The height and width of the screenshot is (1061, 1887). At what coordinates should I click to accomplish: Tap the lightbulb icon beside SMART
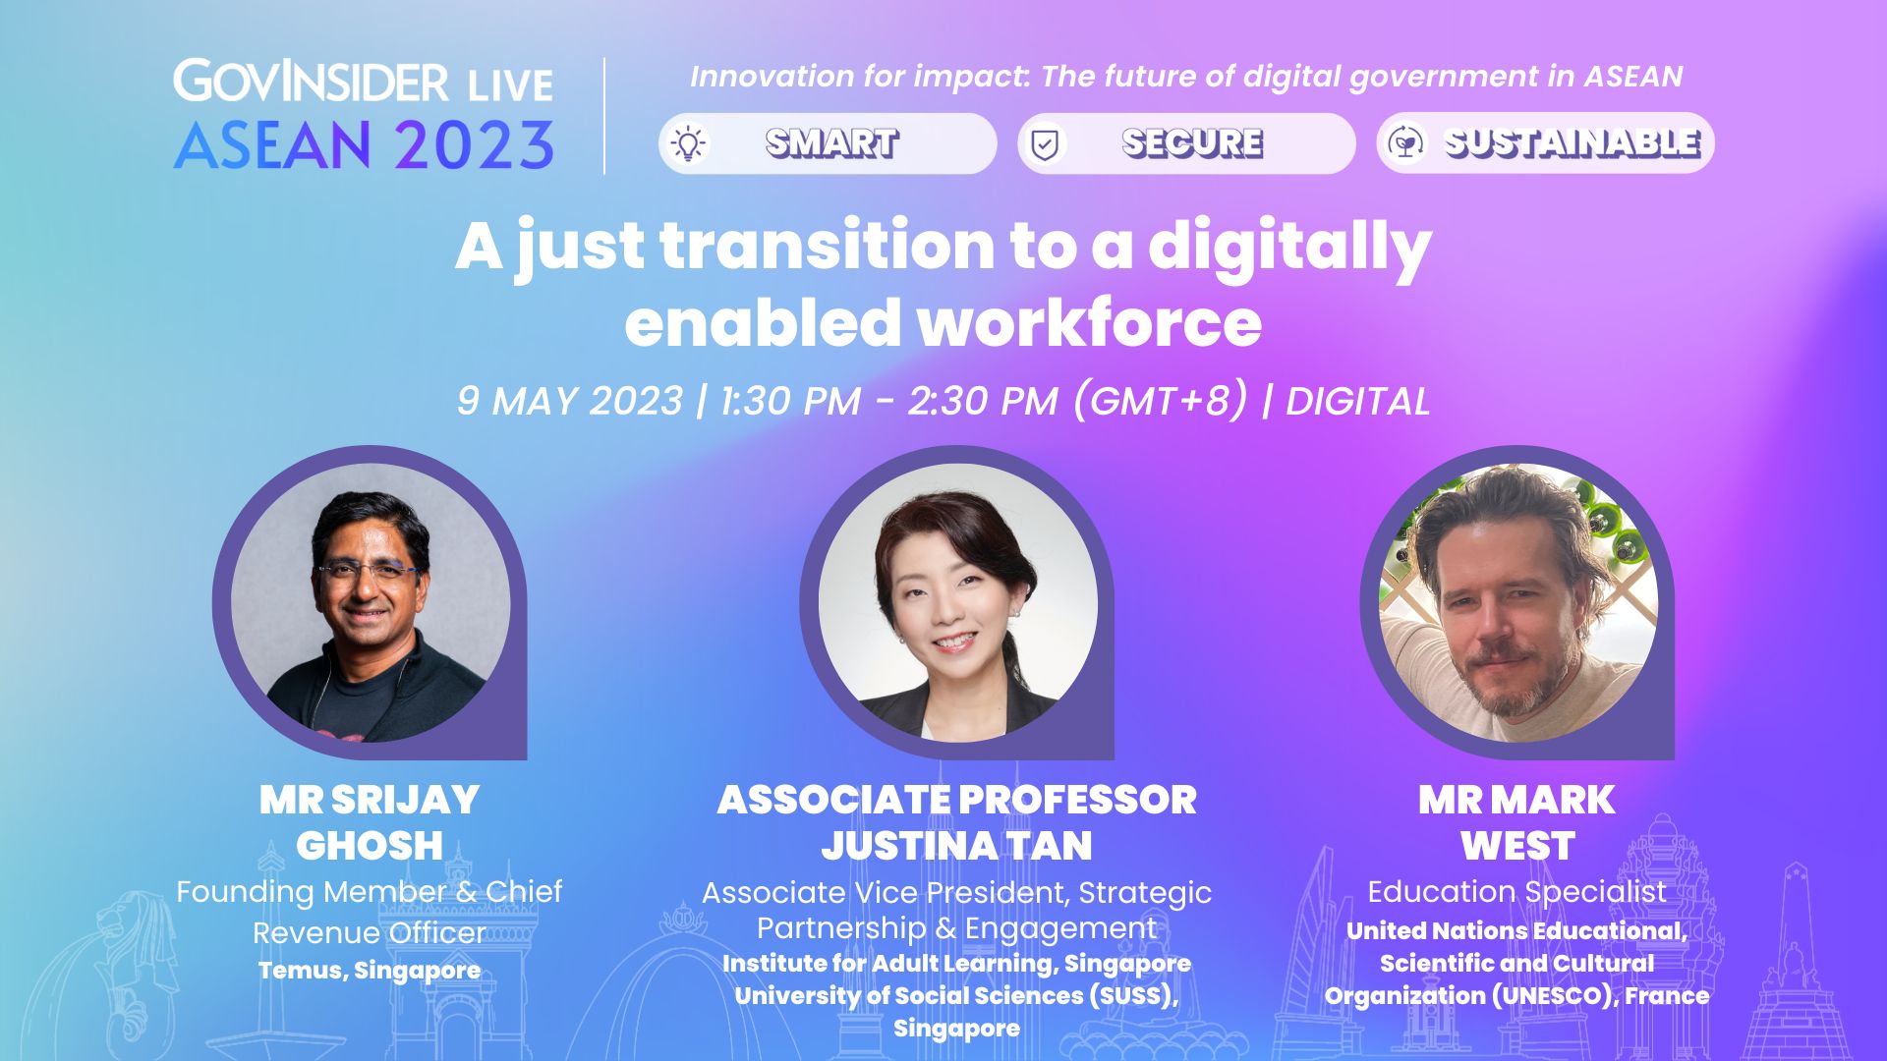click(x=689, y=143)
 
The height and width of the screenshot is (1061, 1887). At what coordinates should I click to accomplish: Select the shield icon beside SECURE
click(x=1045, y=144)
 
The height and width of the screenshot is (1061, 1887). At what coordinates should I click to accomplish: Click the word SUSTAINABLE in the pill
click(x=1572, y=143)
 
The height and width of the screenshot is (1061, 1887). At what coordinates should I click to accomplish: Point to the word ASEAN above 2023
click(x=272, y=145)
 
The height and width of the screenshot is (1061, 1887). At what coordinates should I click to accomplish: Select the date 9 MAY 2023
click(x=569, y=401)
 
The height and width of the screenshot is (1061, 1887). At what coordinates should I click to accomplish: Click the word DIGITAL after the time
click(x=1357, y=401)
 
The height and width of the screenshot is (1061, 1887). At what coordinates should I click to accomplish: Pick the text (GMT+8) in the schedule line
click(x=1160, y=401)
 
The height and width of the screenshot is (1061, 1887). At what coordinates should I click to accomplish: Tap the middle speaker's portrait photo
click(x=958, y=602)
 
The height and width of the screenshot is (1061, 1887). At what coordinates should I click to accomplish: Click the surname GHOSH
click(x=370, y=845)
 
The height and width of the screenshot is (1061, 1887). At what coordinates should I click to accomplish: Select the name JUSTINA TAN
click(x=957, y=845)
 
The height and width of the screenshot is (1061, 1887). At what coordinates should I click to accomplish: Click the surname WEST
click(x=1517, y=845)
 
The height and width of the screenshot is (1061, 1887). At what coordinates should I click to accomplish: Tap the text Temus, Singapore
click(x=370, y=971)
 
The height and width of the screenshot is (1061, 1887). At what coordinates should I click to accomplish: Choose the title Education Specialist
click(x=1516, y=892)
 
